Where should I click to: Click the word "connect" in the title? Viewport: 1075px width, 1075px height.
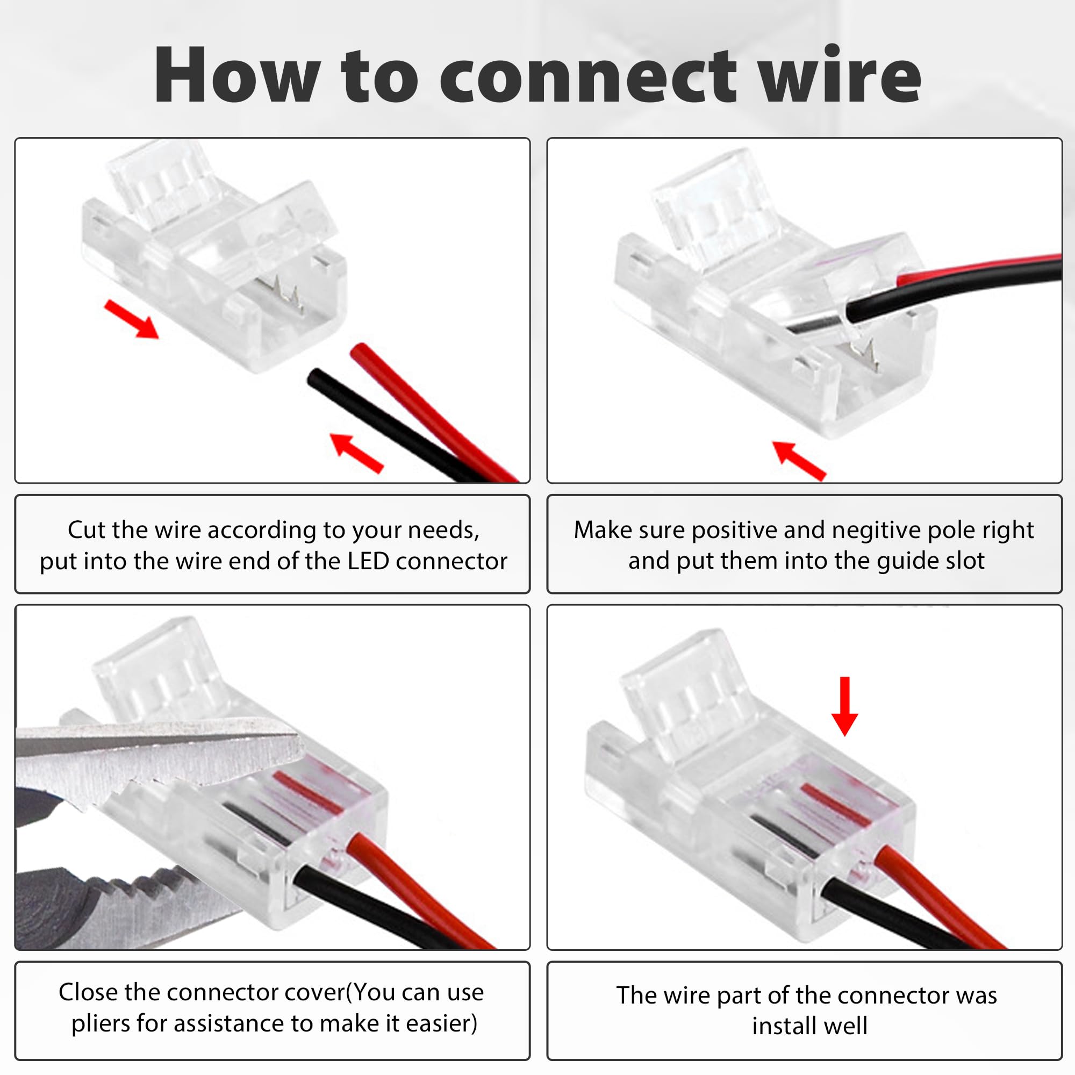(589, 76)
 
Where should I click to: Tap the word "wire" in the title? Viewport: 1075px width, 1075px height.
(841, 74)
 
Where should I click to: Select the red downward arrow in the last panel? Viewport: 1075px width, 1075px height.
(844, 706)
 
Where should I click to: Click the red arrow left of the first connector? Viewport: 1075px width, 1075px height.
(132, 319)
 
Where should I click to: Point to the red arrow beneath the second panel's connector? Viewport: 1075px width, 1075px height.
(800, 460)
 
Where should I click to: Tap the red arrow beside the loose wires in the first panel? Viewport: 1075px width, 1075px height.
(357, 453)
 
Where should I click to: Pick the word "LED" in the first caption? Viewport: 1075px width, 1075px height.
(368, 561)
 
